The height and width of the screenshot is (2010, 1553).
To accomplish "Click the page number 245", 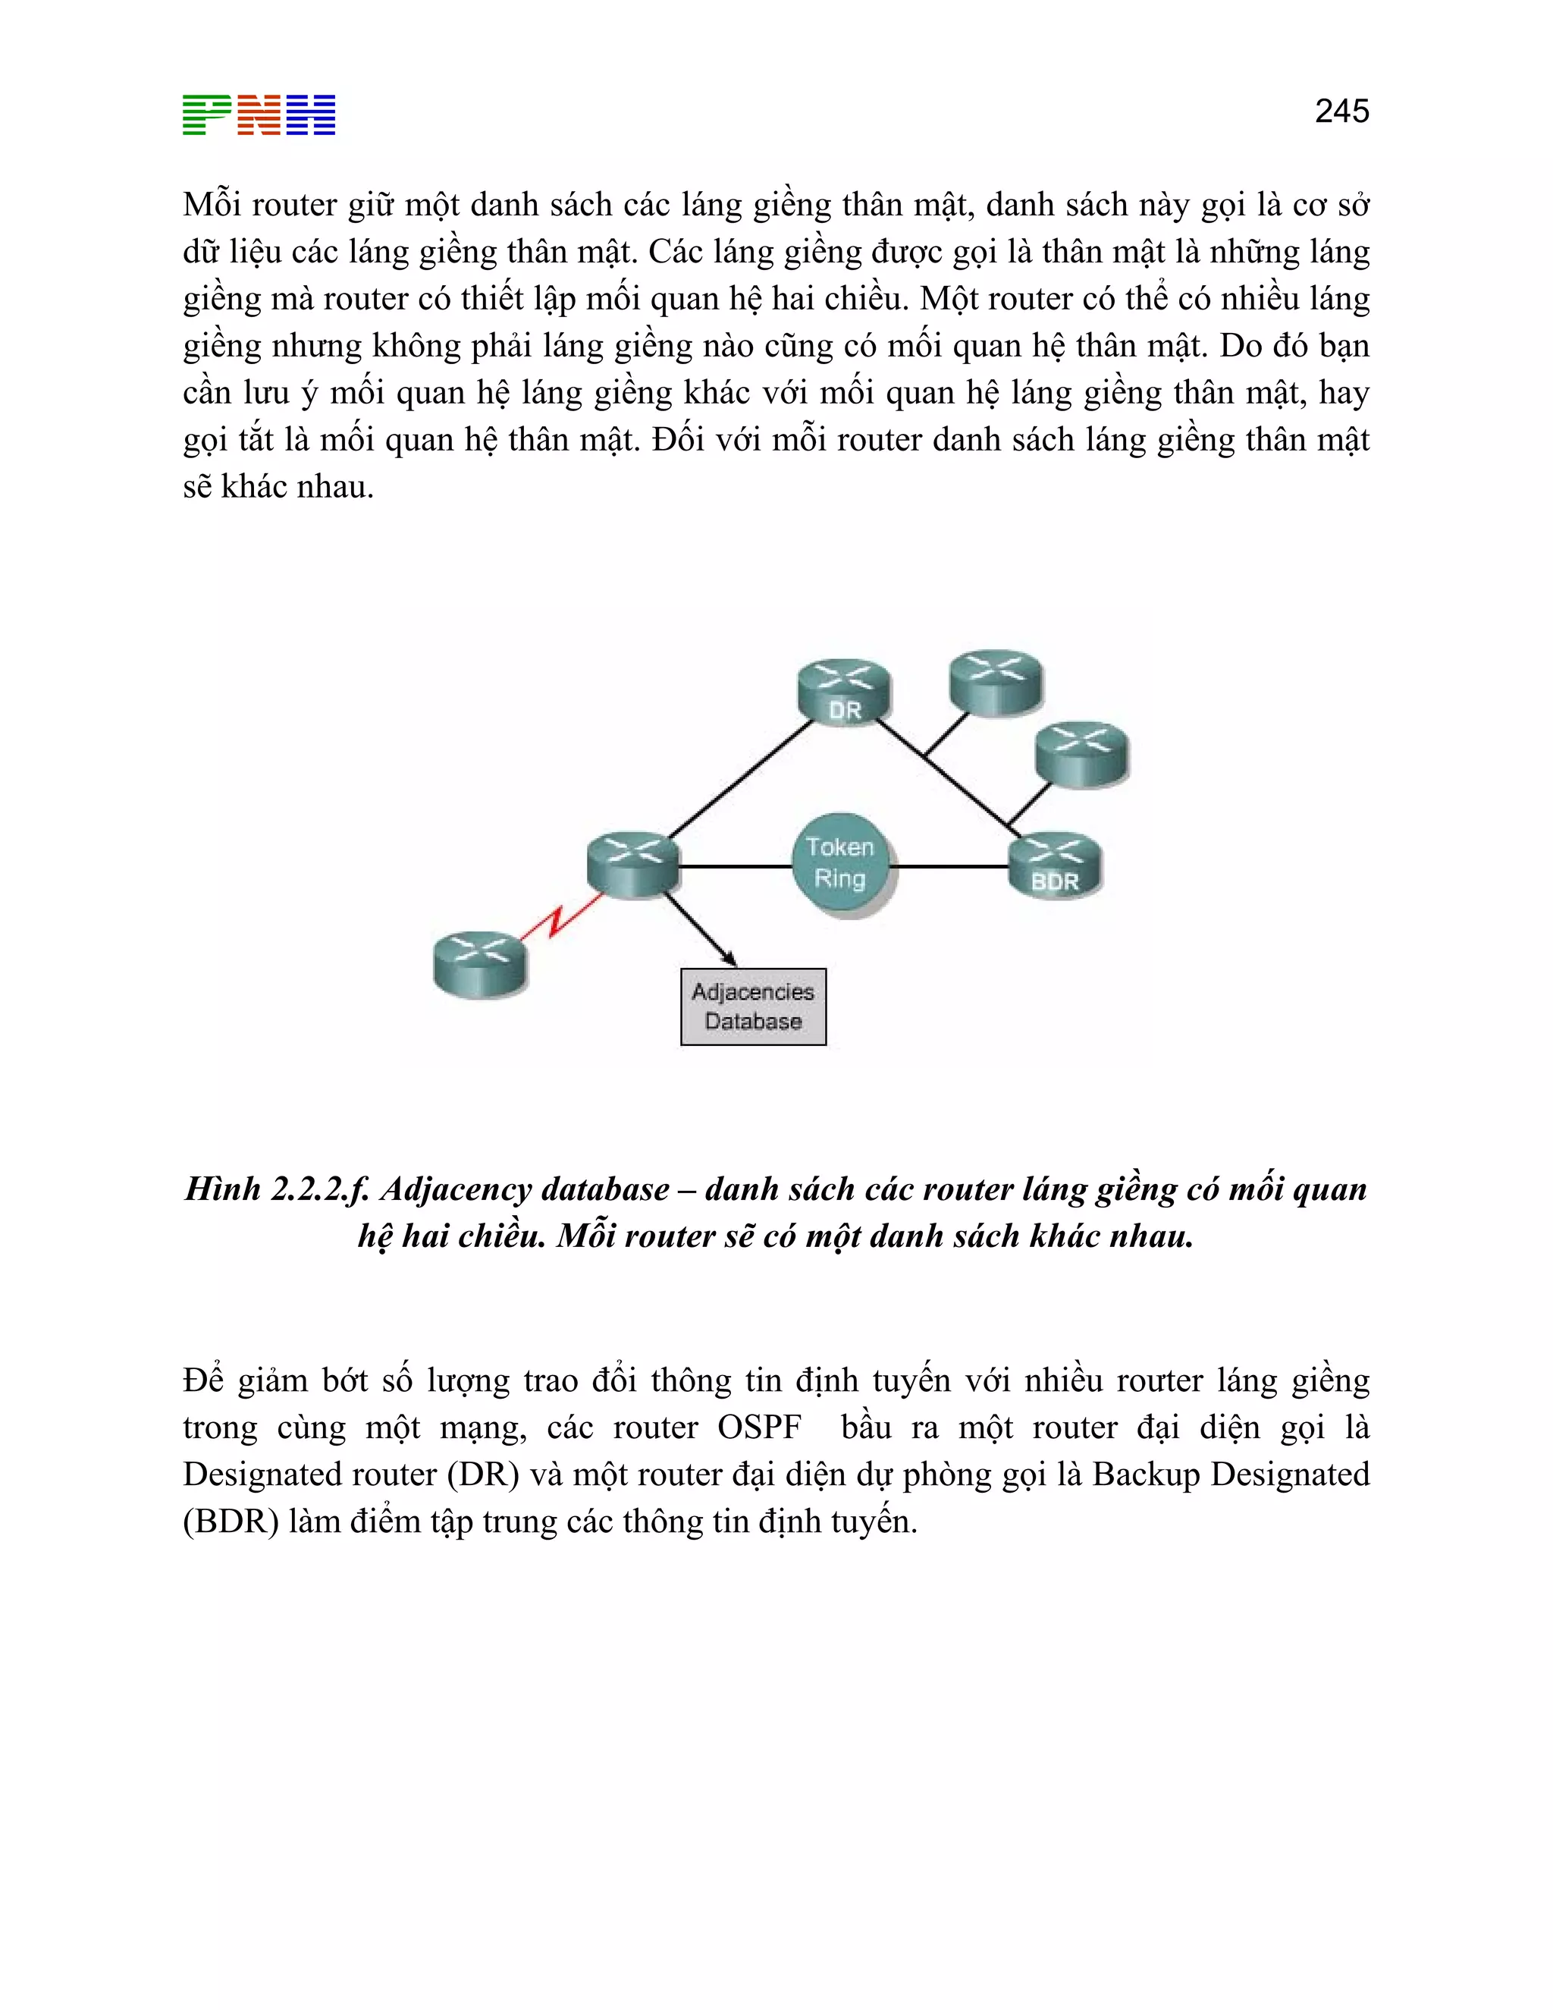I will point(1341,111).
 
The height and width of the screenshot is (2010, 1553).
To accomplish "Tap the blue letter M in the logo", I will point(311,115).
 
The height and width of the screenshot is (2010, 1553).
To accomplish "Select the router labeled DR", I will point(844,690).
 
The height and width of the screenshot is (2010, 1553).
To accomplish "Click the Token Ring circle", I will point(839,864).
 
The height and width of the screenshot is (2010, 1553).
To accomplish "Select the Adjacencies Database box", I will point(752,1006).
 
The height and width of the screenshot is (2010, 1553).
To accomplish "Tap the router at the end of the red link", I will point(479,963).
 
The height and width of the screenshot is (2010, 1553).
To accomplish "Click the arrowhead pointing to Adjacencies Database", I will point(729,958).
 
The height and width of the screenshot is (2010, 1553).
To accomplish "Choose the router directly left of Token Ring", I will point(633,863).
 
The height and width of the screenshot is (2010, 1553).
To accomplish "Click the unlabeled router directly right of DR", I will point(996,682).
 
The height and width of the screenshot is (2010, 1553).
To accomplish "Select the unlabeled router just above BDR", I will point(1081,753).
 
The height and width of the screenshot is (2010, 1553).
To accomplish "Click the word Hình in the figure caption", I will point(223,1189).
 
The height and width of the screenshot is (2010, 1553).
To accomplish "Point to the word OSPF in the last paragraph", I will point(759,1427).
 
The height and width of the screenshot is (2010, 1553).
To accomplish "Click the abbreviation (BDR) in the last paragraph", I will point(230,1522).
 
